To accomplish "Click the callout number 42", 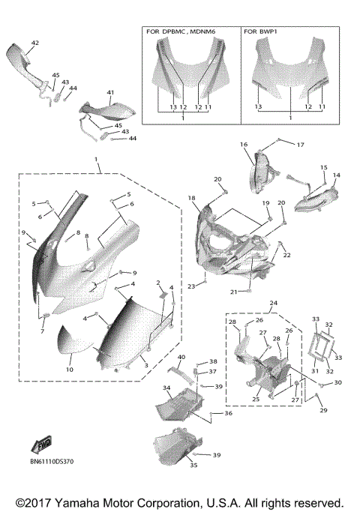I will tap(34, 43).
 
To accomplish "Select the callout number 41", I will tap(109, 92).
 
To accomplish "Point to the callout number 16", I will tap(244, 143).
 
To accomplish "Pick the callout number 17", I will tap(301, 144).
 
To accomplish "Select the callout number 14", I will tap(336, 175).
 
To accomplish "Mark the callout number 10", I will tap(69, 370).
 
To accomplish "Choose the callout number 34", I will tap(167, 389).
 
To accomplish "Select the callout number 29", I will tap(324, 410).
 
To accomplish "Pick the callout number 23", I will tap(191, 286).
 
